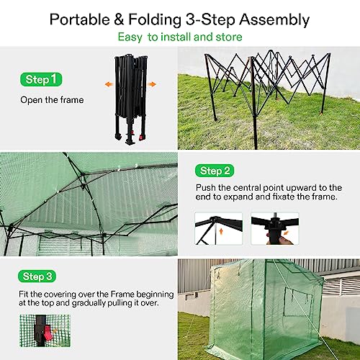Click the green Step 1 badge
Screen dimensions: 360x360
click(x=41, y=79)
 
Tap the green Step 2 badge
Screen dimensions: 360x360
click(x=215, y=171)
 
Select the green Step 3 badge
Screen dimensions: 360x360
click(x=37, y=276)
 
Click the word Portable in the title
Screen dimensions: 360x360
click(x=80, y=19)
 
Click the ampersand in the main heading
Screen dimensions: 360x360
click(x=119, y=19)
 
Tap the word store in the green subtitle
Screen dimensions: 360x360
click(x=229, y=37)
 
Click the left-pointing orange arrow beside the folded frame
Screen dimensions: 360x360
click(x=109, y=84)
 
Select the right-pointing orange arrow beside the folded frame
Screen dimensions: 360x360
click(x=152, y=84)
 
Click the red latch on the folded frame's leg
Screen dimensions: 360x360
click(x=141, y=138)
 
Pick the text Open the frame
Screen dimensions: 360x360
click(x=52, y=100)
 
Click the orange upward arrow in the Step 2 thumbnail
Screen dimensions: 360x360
click(x=221, y=231)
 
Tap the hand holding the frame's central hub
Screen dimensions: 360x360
click(x=280, y=240)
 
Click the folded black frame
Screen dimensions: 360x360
click(x=130, y=99)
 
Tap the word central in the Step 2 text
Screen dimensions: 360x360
click(x=247, y=188)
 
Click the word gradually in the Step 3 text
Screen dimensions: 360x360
click(x=89, y=303)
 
